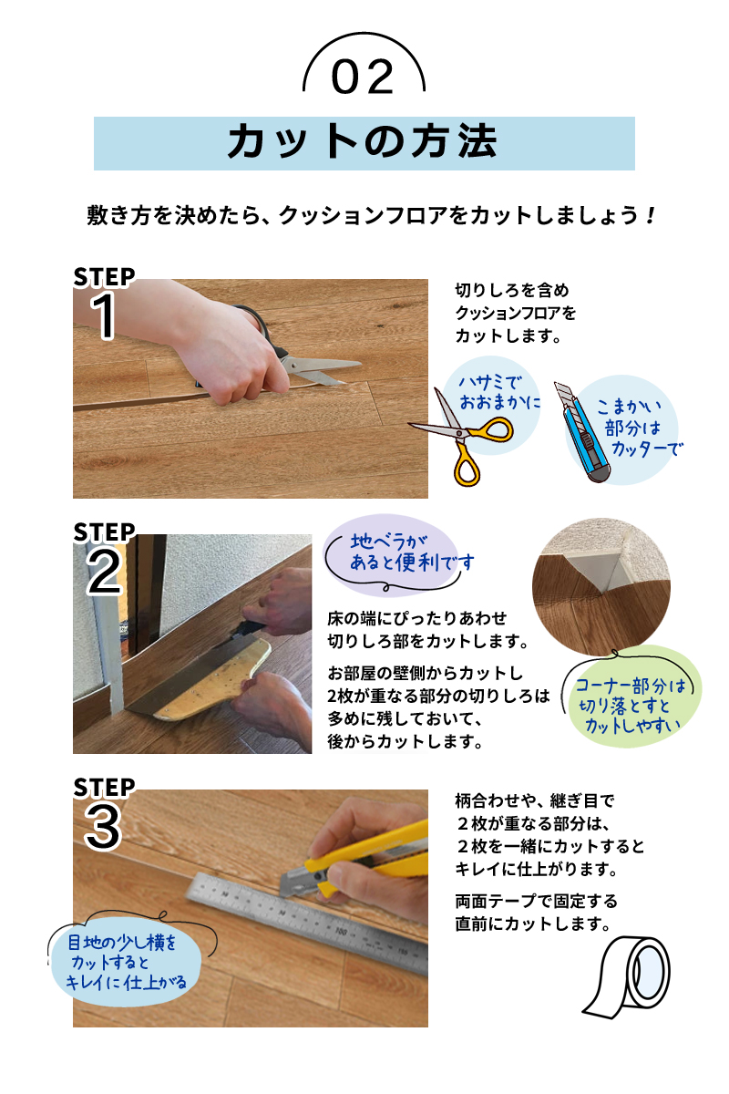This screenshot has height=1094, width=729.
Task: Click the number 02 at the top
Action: coord(363,77)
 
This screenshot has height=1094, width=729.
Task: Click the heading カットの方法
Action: coord(363,141)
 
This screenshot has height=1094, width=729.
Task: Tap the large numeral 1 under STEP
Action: coord(104,315)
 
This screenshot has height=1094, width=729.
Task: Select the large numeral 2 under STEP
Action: coord(104,571)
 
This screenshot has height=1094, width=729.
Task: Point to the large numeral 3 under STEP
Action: coord(103,827)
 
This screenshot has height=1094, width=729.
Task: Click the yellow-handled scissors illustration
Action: coord(461,436)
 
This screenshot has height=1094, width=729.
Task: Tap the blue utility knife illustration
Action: coord(581,432)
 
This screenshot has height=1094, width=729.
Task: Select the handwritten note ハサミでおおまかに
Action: coord(499,392)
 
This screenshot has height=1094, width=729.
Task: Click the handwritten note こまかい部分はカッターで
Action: coord(640,428)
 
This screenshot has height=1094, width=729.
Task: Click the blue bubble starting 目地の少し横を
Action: coord(126,962)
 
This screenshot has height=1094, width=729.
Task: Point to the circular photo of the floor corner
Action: coord(601,586)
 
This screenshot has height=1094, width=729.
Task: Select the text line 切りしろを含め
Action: coord(512,290)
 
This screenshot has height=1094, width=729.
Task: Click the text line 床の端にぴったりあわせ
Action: coord(417,618)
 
